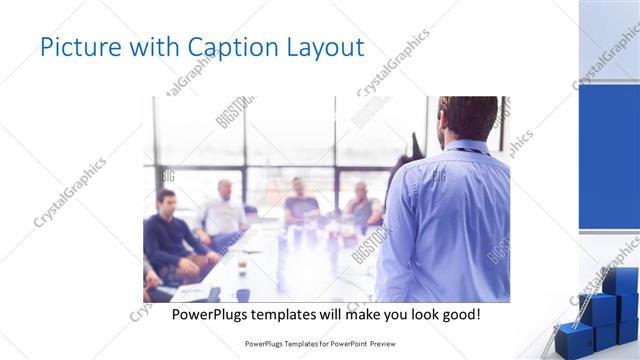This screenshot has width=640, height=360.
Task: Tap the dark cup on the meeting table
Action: tap(243, 294)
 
